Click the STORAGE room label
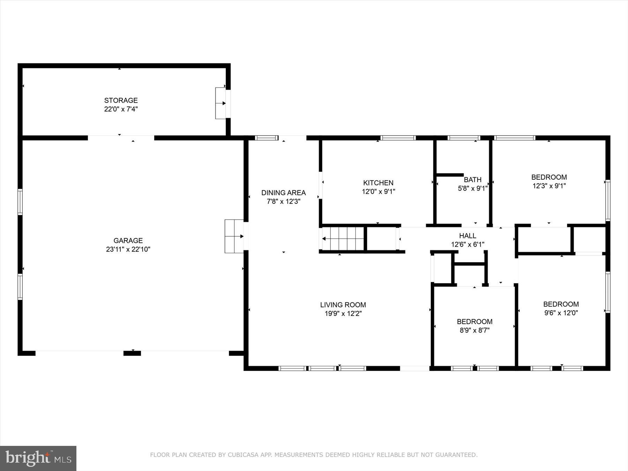(121, 100)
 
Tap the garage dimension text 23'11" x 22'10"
(128, 249)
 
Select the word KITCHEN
(378, 183)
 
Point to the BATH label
(472, 180)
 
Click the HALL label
(468, 236)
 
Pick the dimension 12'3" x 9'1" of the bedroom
(549, 186)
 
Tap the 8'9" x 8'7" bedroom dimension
(474, 330)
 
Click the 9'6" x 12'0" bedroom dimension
(561, 313)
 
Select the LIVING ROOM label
(343, 305)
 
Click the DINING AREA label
(283, 193)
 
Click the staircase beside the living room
(343, 239)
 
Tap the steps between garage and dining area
(234, 236)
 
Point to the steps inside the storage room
(220, 103)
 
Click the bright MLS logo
(38, 458)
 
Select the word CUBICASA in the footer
(242, 455)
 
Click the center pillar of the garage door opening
(132, 353)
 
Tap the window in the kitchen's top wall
(398, 138)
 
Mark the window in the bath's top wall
(464, 138)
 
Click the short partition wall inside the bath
(449, 175)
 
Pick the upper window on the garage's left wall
(20, 202)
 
